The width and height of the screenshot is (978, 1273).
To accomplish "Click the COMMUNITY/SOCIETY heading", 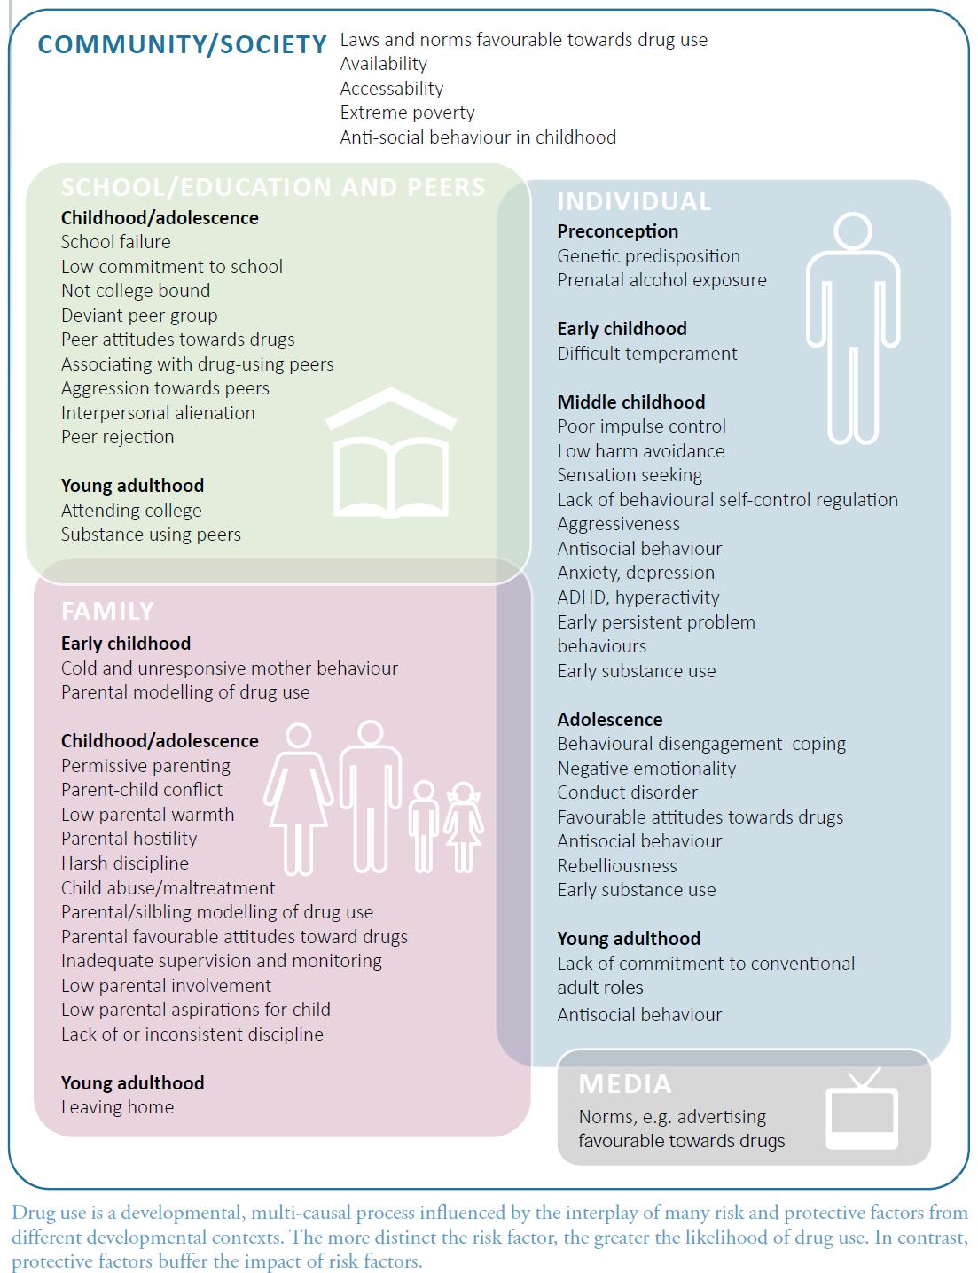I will coord(182,44).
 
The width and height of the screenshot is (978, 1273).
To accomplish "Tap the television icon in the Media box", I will coord(861,1110).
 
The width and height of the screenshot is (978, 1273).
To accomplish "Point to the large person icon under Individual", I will coord(853,328).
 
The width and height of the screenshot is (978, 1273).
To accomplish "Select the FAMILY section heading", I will coord(107,611).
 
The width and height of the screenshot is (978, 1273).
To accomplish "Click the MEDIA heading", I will coord(625,1084).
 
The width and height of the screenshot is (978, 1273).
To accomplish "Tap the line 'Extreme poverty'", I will coord(407,113).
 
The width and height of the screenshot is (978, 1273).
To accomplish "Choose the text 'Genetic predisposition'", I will coord(648,256).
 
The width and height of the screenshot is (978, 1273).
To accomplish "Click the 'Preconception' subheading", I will coord(617,231).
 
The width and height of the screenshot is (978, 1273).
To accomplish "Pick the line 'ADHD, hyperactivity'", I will coord(638,597).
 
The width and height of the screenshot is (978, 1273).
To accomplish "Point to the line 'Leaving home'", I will coord(117,1107).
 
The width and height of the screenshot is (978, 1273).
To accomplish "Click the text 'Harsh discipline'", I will coord(124,863).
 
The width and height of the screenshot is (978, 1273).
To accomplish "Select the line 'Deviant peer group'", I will coord(139,316).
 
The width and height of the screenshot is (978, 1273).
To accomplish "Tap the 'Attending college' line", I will coord(131,511).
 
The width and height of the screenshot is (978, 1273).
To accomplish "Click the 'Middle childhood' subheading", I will coord(630,402).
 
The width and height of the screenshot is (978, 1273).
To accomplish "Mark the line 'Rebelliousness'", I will coord(616,866).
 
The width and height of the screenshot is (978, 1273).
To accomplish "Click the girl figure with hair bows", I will coord(463,826).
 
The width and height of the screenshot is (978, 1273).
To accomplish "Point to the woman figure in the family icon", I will coord(299,798).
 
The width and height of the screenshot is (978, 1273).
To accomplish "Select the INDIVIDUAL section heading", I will coord(634,202).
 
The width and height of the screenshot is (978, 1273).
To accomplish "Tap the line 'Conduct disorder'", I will coord(627,793).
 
